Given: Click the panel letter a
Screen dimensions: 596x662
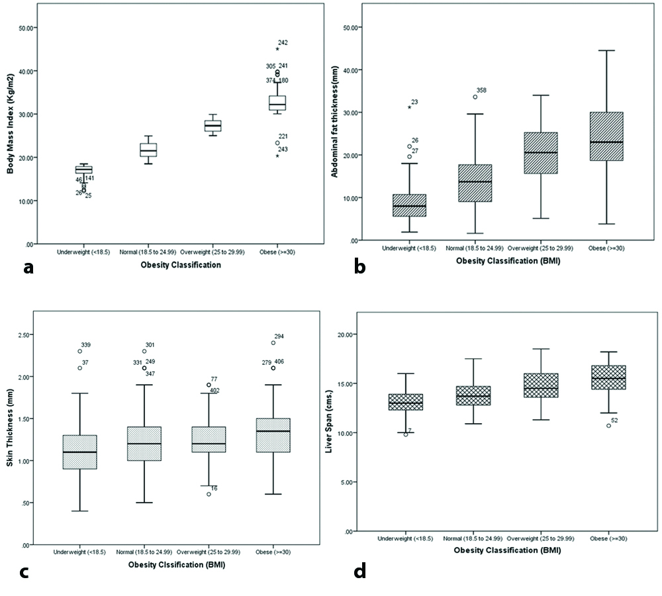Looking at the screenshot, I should pyautogui.click(x=28, y=267).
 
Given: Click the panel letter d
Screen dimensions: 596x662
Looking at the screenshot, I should pyautogui.click(x=359, y=571).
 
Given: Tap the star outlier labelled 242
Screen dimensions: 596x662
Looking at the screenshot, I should pyautogui.click(x=277, y=49).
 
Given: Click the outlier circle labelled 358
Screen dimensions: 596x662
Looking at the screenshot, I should pyautogui.click(x=475, y=97).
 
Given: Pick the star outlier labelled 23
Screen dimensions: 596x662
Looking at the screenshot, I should pyautogui.click(x=409, y=107).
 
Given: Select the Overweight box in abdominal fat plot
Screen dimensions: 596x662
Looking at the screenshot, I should pyautogui.click(x=540, y=153).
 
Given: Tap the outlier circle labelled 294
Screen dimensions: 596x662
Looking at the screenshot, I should pyautogui.click(x=273, y=342).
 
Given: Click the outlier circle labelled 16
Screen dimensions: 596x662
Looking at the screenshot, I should pyautogui.click(x=209, y=494).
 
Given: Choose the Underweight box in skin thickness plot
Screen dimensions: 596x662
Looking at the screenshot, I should pyautogui.click(x=79, y=452).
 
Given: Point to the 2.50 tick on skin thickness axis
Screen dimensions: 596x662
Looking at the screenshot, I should pyautogui.click(x=27, y=335).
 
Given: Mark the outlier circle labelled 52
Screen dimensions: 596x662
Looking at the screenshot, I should pyautogui.click(x=608, y=425).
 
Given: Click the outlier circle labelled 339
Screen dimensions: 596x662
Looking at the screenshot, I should pyautogui.click(x=79, y=351).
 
